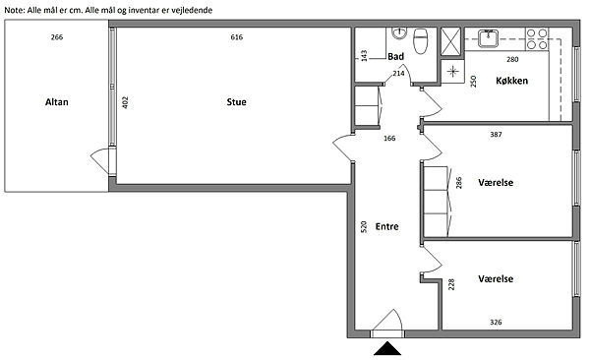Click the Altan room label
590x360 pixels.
pyautogui.click(x=57, y=102)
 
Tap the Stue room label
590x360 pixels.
pyautogui.click(x=236, y=102)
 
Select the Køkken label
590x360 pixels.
pyautogui.click(x=511, y=81)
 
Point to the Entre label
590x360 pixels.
pyautogui.click(x=386, y=226)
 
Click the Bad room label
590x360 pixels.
pyautogui.click(x=396, y=56)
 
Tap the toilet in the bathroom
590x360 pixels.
pyautogui.click(x=421, y=40)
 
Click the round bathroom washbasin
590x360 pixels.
pyautogui.click(x=399, y=33)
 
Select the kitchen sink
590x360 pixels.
pyautogui.click(x=488, y=38)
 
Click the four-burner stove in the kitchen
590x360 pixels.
pyautogui.click(x=537, y=39)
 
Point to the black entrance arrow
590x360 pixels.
pyautogui.click(x=387, y=349)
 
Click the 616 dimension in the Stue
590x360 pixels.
pyautogui.click(x=237, y=37)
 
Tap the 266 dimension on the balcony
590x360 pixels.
pyautogui.click(x=57, y=37)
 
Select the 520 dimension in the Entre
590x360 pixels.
pyautogui.click(x=364, y=226)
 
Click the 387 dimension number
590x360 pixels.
pyautogui.click(x=496, y=134)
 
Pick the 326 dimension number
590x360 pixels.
pyautogui.click(x=496, y=322)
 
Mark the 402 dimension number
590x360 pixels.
pyautogui.click(x=125, y=102)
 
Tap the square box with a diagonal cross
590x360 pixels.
pyautogui.click(x=450, y=41)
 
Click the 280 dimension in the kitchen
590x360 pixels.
pyautogui.click(x=512, y=59)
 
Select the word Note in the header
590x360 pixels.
pyautogui.click(x=14, y=10)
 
